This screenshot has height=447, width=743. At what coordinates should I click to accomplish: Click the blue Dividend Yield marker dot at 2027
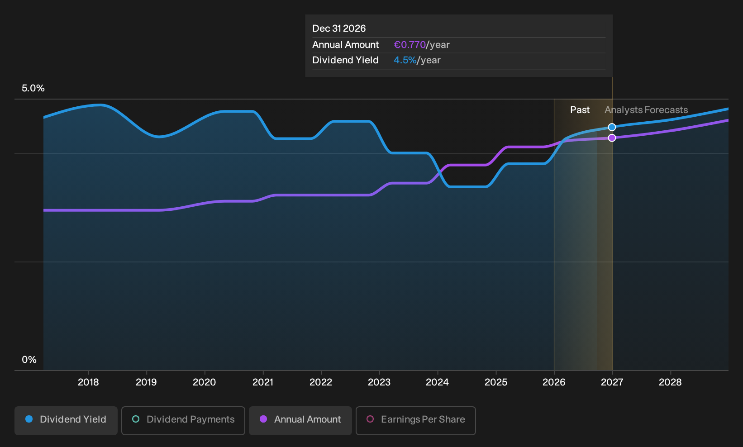pos(612,127)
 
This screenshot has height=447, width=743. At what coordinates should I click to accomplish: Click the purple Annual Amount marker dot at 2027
pos(612,138)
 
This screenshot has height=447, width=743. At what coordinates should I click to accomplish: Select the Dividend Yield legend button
pos(66,420)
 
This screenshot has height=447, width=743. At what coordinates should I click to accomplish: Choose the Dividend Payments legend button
pos(183,420)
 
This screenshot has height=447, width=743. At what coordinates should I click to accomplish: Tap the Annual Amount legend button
pos(300,420)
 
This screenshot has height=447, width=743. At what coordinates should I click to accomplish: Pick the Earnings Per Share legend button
pos(415,420)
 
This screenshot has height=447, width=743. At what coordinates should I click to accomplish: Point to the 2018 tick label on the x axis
pos(88,382)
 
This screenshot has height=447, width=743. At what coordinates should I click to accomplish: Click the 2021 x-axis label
pos(263,382)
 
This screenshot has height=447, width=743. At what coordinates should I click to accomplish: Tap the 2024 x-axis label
pos(437,382)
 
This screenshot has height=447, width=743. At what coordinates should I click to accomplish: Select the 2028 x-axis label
pos(670,382)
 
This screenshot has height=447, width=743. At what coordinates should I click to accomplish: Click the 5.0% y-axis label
pos(33,88)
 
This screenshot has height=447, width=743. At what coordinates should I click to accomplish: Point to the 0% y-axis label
pos(29,360)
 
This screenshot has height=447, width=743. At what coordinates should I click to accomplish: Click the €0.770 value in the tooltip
pos(410,45)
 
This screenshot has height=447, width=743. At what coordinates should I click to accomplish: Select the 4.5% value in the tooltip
pos(405,60)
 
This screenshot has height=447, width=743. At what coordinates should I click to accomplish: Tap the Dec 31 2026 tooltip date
pos(339,29)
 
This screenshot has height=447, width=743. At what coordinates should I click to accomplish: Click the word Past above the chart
pos(580,110)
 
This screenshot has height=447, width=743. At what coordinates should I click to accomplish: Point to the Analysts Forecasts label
pos(646,110)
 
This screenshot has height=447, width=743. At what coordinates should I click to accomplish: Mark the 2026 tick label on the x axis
pos(554,382)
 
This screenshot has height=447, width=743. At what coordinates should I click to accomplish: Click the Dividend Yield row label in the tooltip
pos(345,60)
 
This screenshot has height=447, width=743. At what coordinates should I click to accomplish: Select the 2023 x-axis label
pos(379,382)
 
